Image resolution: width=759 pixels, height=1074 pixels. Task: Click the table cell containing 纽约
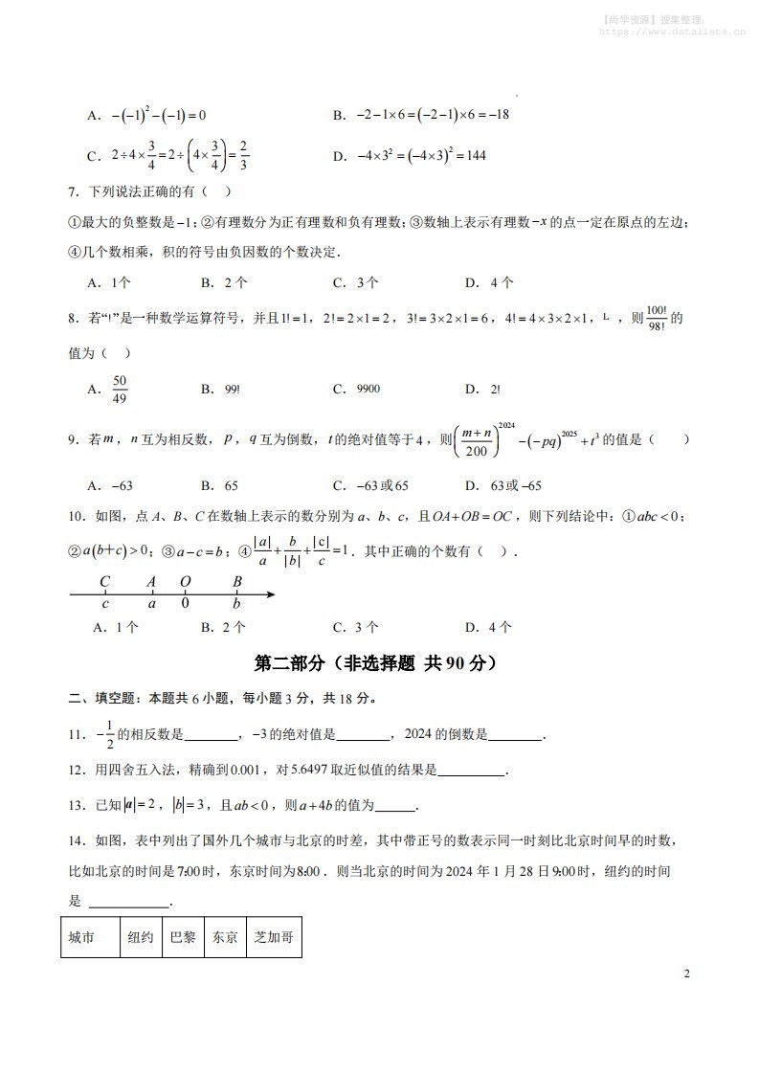[140, 938]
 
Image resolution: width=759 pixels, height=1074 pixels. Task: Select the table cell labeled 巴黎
[182, 938]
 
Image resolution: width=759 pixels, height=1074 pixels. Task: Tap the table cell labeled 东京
[225, 938]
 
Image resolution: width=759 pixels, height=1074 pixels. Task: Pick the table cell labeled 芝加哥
[274, 938]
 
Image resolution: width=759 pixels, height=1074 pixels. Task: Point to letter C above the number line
[105, 580]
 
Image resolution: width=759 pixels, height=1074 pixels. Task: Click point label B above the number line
[237, 580]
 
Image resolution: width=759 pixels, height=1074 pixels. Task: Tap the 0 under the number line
[186, 605]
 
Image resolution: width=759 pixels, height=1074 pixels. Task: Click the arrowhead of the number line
[271, 594]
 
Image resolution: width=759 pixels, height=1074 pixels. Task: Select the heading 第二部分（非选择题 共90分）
[379, 662]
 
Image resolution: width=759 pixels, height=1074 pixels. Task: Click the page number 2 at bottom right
[686, 974]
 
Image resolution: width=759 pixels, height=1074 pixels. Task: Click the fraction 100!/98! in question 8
[656, 319]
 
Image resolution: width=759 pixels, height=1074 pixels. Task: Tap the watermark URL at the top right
[672, 31]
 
